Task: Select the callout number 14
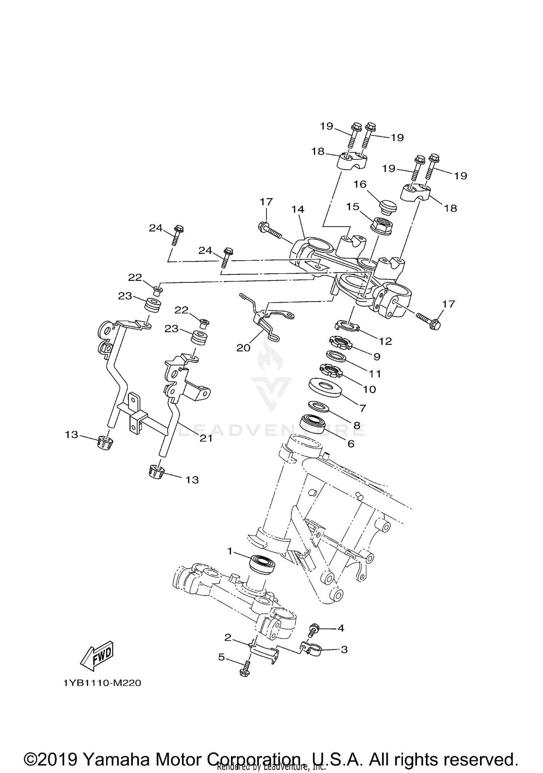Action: (x=298, y=209)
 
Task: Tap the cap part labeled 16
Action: (x=387, y=207)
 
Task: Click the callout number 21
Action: (x=206, y=438)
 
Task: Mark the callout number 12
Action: (x=386, y=341)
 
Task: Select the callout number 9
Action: (x=376, y=356)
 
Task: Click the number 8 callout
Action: (x=357, y=426)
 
